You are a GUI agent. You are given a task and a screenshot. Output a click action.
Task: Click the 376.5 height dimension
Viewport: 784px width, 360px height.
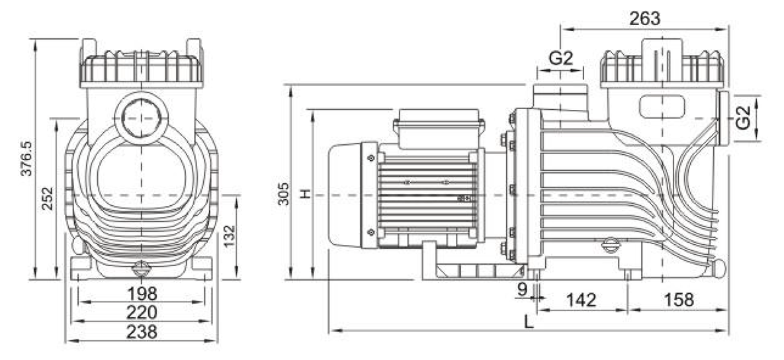(x=26, y=158)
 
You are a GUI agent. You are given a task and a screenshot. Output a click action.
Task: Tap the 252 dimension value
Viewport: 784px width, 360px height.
(x=47, y=198)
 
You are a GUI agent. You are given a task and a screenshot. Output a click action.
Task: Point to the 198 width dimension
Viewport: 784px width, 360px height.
(x=142, y=294)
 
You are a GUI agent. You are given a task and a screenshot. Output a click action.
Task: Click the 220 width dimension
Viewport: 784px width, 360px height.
(x=142, y=312)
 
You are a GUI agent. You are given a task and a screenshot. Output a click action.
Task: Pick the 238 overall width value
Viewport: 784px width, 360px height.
(x=142, y=331)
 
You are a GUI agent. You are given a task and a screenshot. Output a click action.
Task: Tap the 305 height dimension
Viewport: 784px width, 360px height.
(x=284, y=193)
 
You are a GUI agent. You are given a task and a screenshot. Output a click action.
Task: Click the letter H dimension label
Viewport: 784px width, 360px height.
(x=305, y=193)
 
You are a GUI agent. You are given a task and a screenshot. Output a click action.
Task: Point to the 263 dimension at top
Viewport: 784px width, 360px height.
(x=645, y=19)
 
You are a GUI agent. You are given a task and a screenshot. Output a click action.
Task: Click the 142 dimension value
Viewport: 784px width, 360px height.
(x=582, y=300)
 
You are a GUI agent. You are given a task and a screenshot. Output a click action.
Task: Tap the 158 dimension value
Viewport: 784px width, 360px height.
(x=679, y=300)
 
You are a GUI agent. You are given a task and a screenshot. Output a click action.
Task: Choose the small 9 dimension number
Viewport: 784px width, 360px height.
(x=523, y=289)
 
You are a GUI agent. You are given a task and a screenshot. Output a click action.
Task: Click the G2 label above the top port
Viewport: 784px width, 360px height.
(x=560, y=58)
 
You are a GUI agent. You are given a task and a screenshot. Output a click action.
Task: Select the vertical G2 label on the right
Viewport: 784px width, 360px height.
(x=744, y=118)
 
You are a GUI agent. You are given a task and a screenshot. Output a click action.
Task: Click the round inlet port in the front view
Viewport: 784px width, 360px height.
(x=142, y=118)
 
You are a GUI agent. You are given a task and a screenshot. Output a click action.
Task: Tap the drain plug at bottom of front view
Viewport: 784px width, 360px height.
(x=141, y=269)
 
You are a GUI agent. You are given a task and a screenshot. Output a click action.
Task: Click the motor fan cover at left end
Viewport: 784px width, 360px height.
(x=345, y=195)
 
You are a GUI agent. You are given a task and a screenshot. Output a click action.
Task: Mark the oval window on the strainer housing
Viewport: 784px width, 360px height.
(x=662, y=106)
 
